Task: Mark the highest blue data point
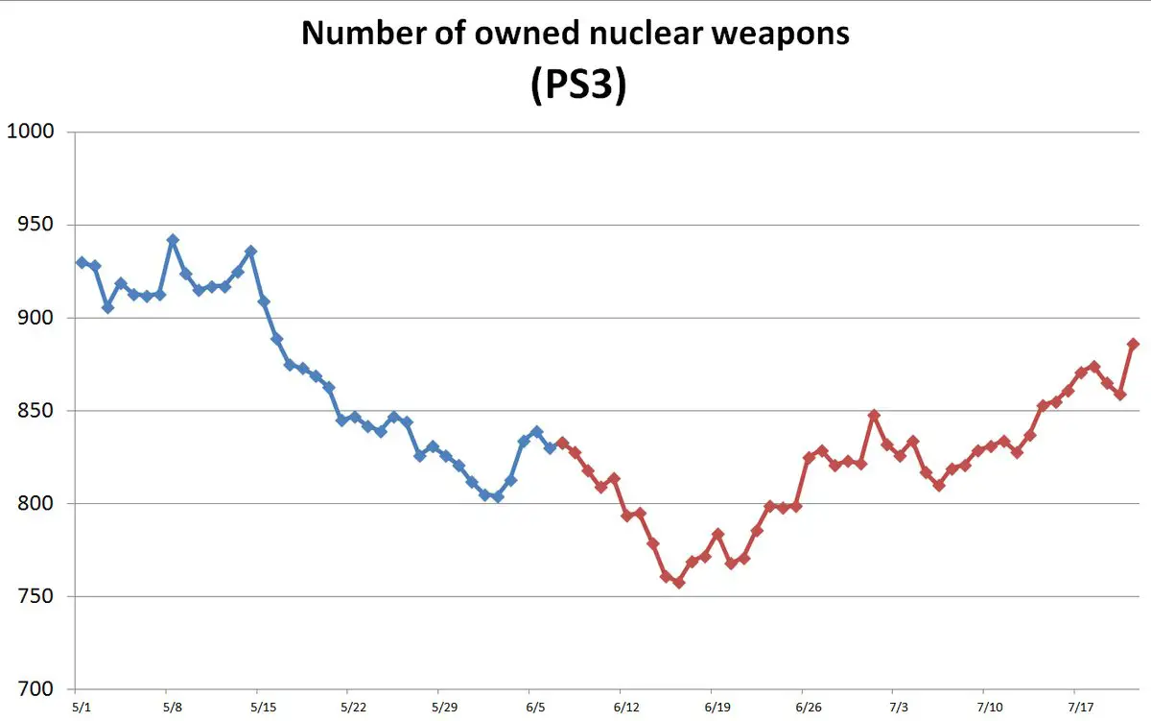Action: [173, 240]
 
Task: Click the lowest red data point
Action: [679, 583]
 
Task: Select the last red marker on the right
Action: [1133, 344]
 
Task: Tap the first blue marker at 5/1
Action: [82, 262]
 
